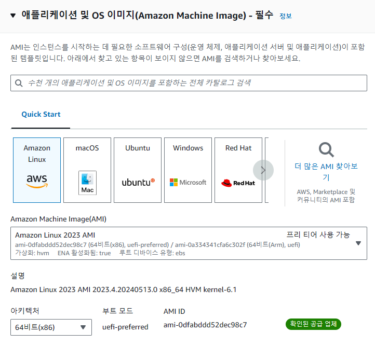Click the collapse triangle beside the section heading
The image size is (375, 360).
click(x=14, y=16)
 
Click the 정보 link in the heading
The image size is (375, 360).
click(x=286, y=16)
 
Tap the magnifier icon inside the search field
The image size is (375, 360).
click(x=19, y=83)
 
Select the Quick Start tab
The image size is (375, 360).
click(x=41, y=114)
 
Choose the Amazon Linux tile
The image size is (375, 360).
click(x=37, y=170)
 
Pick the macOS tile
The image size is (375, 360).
click(x=87, y=170)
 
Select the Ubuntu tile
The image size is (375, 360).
click(x=138, y=170)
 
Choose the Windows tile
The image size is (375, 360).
click(x=188, y=170)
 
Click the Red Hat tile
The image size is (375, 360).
click(x=238, y=170)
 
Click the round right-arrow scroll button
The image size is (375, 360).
click(x=263, y=170)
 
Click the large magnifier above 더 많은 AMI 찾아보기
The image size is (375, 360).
click(x=326, y=150)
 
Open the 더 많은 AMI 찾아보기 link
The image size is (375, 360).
click(x=326, y=172)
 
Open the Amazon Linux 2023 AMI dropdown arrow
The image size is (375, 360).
click(x=358, y=243)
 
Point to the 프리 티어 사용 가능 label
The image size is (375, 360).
click(x=318, y=234)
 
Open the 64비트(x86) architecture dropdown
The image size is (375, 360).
click(x=51, y=327)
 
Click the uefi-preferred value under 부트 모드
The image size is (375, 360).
click(x=125, y=327)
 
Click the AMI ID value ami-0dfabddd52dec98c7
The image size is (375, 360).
click(x=205, y=325)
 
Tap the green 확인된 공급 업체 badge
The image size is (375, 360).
click(x=313, y=324)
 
